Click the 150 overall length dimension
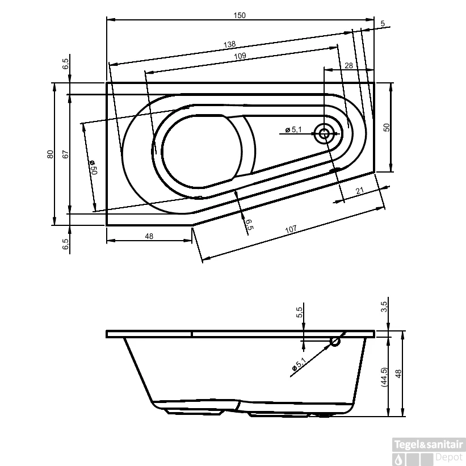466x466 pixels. tap(240, 15)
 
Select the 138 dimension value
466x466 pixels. tap(229, 44)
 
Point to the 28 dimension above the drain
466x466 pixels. tap(349, 66)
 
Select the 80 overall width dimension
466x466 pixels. tap(50, 154)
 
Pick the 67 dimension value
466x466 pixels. tap(65, 154)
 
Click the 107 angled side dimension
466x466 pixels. tap(291, 230)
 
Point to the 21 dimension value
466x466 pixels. tap(360, 192)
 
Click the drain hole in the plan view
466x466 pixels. tap(325, 134)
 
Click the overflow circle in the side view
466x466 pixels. tap(335, 341)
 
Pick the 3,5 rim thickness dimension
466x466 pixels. tap(384, 307)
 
